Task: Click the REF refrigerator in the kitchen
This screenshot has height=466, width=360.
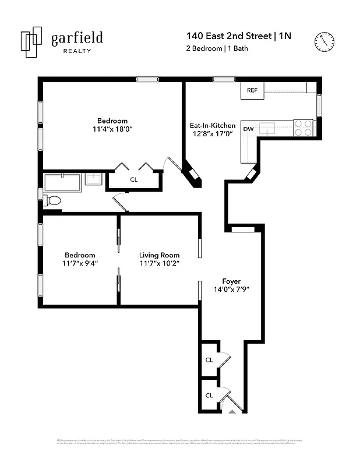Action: (x=252, y=90)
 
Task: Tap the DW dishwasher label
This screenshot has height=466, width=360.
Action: (x=248, y=129)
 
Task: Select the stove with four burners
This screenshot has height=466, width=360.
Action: (x=303, y=128)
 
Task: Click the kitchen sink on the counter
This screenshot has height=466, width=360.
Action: (x=267, y=128)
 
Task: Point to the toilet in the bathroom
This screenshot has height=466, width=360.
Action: (x=53, y=200)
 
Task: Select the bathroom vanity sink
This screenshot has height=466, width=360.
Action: (x=93, y=179)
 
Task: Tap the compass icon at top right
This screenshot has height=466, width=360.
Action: (x=324, y=40)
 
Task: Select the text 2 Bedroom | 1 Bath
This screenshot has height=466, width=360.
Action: (x=213, y=48)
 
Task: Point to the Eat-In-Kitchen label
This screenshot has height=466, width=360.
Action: (x=213, y=125)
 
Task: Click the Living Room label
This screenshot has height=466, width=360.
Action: (x=159, y=255)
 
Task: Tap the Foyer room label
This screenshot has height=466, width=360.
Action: (x=231, y=281)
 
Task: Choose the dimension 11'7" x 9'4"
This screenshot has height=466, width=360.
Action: (x=80, y=263)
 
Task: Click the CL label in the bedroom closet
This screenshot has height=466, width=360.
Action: (x=134, y=180)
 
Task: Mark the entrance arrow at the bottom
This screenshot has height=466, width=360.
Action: (x=232, y=411)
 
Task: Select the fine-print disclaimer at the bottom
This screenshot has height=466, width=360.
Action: (x=180, y=442)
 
